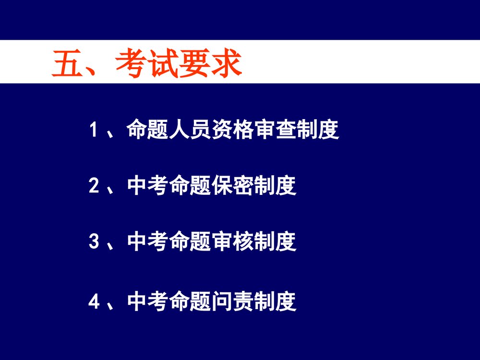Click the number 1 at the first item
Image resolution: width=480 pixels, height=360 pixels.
pyautogui.click(x=93, y=131)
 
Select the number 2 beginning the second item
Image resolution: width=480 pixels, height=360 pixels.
pyautogui.click(x=93, y=186)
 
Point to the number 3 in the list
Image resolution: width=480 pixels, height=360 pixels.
pyautogui.click(x=93, y=242)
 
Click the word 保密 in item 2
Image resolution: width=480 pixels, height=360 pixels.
pyautogui.click(x=233, y=186)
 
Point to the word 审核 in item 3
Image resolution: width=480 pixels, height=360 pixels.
pyautogui.click(x=233, y=242)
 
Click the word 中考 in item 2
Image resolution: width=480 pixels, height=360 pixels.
pyautogui.click(x=149, y=186)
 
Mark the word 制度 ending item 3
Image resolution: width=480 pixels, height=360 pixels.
pyautogui.click(x=276, y=242)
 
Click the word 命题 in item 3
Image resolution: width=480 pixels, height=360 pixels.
pyautogui.click(x=191, y=242)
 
